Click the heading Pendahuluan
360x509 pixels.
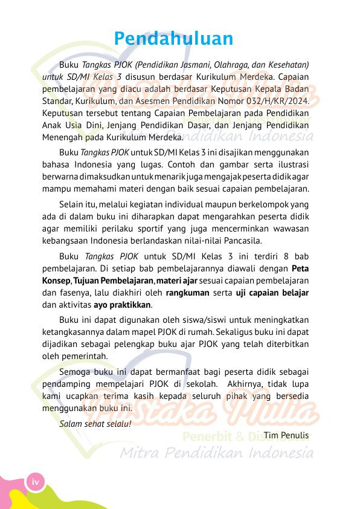(173, 39)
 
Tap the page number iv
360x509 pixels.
(36, 482)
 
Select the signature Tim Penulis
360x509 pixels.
(286, 435)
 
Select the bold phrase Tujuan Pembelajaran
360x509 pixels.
(113, 281)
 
